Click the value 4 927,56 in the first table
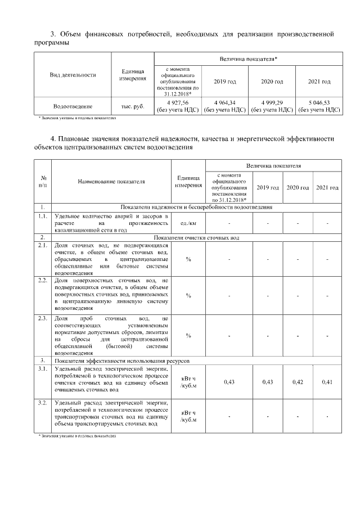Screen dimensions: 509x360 pyautogui.click(x=177, y=102)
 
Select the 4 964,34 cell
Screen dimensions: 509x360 pyautogui.click(x=224, y=102)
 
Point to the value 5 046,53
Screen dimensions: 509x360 pyautogui.click(x=319, y=102)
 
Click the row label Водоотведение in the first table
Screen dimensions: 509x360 pyautogui.click(x=73, y=106)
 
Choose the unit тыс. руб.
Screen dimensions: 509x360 pyautogui.click(x=133, y=106)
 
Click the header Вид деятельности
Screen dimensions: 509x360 pyautogui.click(x=73, y=74)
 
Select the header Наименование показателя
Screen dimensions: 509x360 pyautogui.click(x=111, y=182)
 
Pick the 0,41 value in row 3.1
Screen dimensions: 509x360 pyautogui.click(x=327, y=382)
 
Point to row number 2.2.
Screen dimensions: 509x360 pyautogui.click(x=42, y=280)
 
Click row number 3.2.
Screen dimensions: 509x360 pyautogui.click(x=42, y=403)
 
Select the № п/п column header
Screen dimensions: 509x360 pyautogui.click(x=42, y=181)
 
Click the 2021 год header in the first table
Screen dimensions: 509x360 pyautogui.click(x=319, y=82)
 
